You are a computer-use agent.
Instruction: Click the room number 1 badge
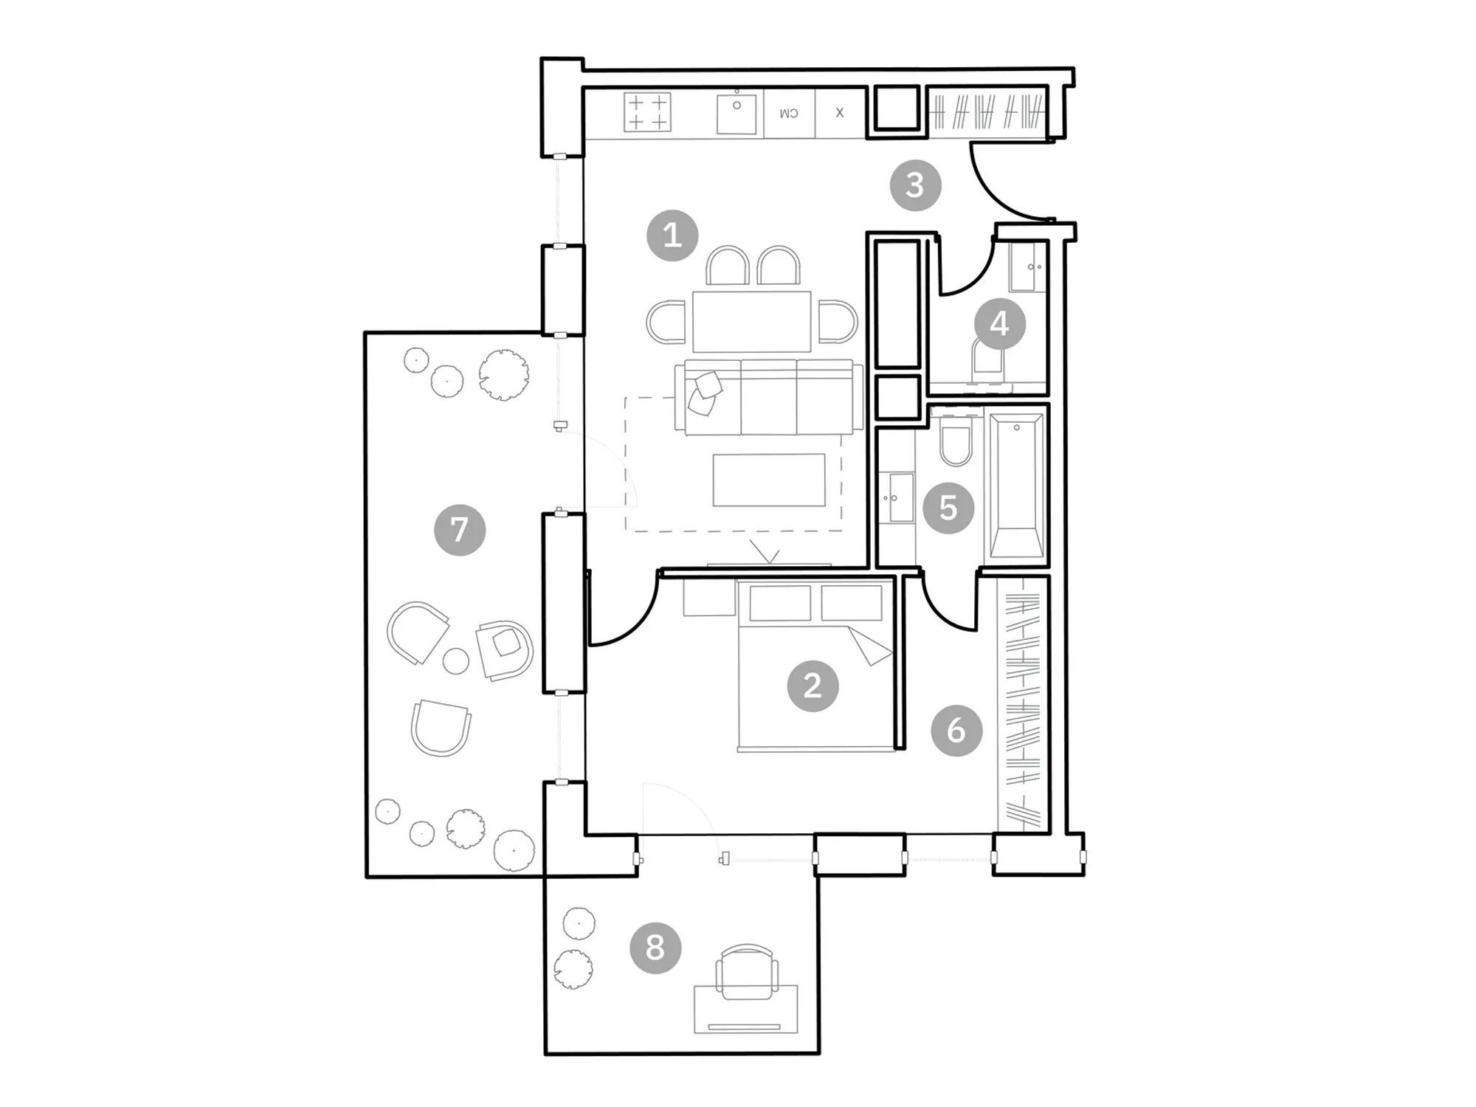tap(672, 235)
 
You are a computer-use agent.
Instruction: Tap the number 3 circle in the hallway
tap(915, 184)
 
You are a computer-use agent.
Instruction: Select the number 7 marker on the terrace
tap(460, 529)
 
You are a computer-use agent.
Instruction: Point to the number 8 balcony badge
tap(655, 947)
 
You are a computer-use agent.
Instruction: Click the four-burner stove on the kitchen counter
tap(647, 112)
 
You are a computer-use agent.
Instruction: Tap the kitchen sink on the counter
tap(737, 113)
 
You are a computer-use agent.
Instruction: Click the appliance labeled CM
tap(790, 113)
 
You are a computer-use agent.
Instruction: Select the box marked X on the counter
tap(840, 113)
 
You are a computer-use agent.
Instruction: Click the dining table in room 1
tap(751, 321)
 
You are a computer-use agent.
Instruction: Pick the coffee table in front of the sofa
tap(769, 480)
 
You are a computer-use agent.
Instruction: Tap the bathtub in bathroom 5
tap(1017, 486)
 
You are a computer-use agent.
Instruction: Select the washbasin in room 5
tap(899, 497)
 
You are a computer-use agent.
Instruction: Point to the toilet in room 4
tap(989, 362)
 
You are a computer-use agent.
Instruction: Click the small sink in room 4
tap(1028, 266)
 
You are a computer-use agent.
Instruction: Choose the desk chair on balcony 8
tap(747, 973)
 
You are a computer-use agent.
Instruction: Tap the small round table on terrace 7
tap(456, 661)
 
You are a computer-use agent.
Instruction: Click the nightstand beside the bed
tap(709, 597)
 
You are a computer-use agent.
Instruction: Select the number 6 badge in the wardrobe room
tap(956, 730)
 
